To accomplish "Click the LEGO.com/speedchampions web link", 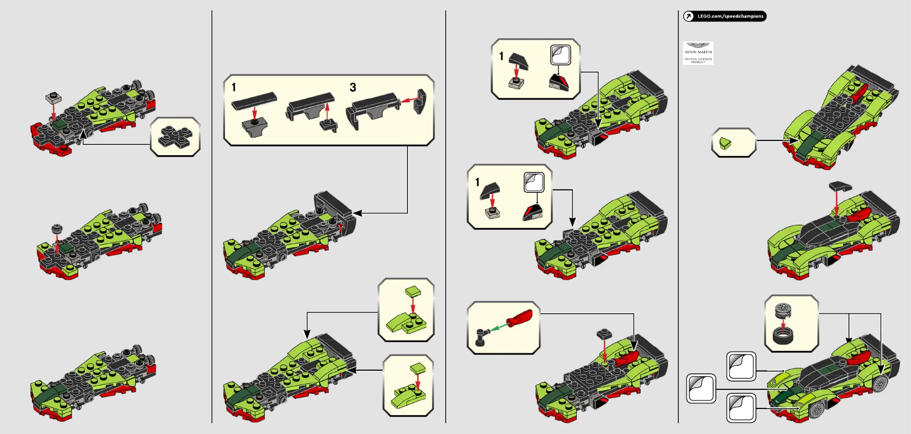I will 730,16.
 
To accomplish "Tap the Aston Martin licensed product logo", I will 698,53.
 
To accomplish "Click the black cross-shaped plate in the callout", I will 175,137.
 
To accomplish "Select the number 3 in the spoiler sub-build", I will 353,87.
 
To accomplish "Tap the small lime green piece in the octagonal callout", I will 725,143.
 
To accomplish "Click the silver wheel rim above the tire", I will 783,311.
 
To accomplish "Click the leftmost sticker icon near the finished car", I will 701,388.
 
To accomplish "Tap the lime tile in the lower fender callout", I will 418,368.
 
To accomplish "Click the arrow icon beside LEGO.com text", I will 689,16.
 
